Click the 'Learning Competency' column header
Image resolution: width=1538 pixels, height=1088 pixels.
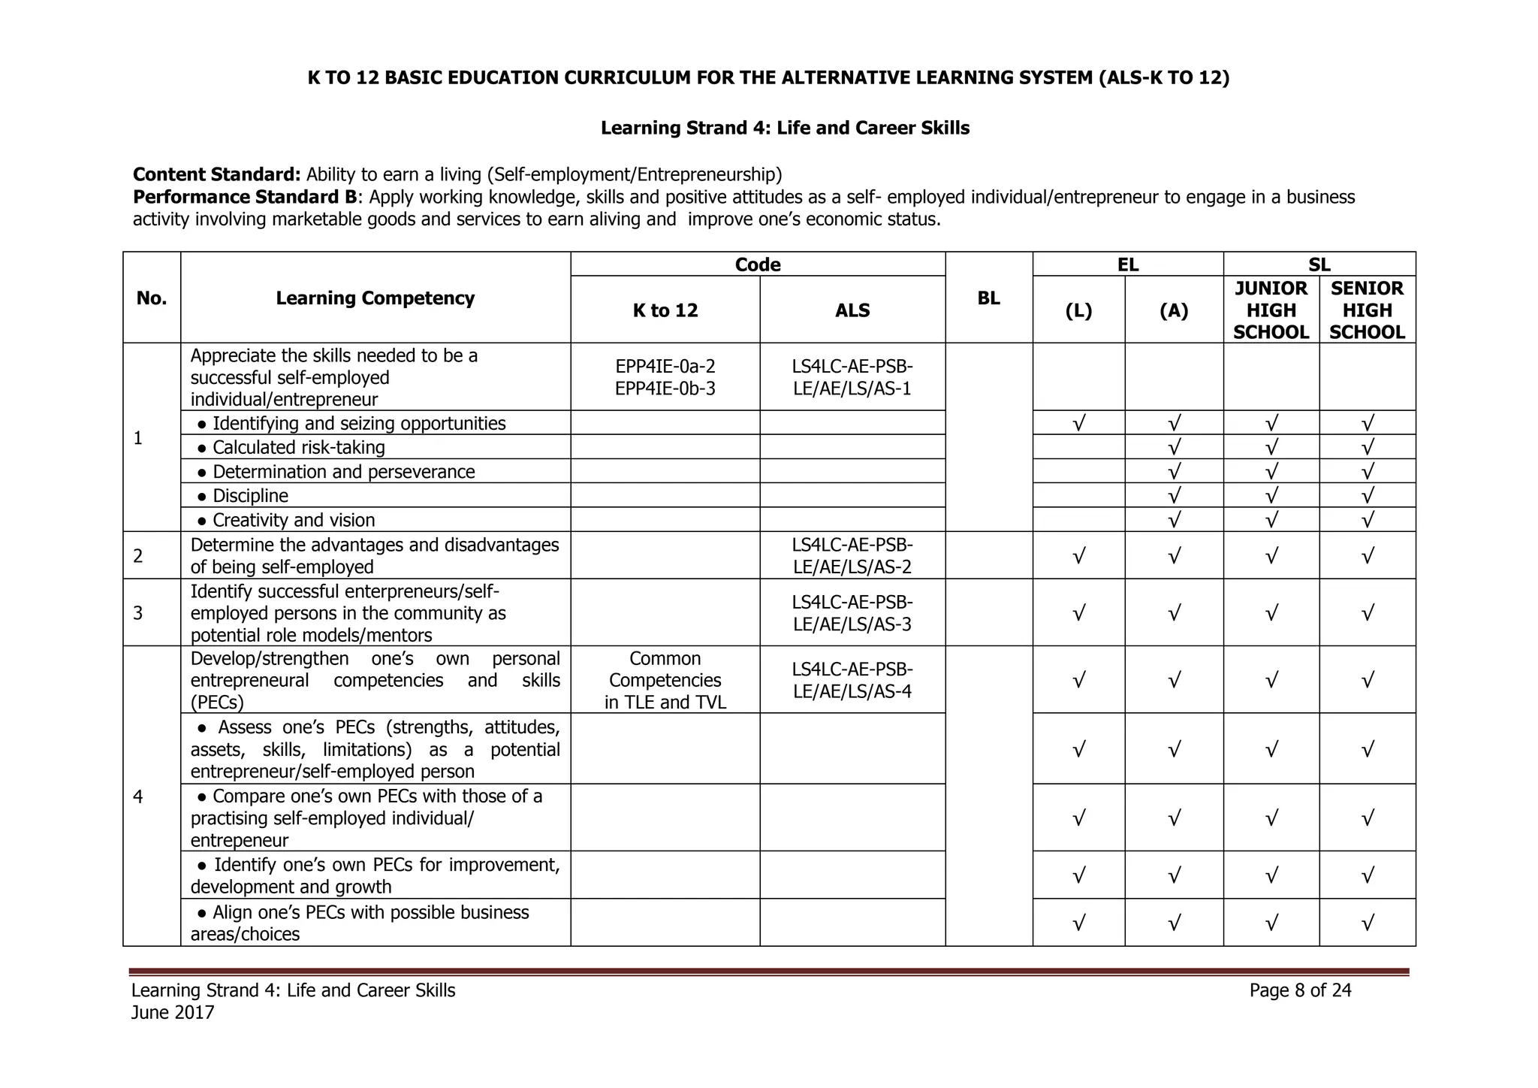coord(375,298)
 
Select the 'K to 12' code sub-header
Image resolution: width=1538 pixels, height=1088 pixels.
coord(665,310)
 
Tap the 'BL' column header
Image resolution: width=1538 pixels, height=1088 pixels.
coord(988,298)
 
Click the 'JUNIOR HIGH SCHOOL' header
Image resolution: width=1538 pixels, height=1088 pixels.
coord(1271,310)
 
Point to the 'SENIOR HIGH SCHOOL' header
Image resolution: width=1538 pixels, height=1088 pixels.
coord(1367,310)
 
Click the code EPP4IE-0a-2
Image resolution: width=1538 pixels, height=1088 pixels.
coord(665,366)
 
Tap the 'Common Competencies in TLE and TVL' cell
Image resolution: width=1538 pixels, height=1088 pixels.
coord(665,680)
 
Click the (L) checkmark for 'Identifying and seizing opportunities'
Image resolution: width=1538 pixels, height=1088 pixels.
coord(1078,423)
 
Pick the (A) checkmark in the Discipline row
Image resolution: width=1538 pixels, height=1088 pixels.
coord(1174,496)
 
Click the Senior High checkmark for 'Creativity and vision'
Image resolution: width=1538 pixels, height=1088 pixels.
coord(1367,520)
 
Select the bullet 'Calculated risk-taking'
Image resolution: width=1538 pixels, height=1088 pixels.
coord(298,448)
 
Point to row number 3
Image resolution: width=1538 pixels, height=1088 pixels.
coord(138,613)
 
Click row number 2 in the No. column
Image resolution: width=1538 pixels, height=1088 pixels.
coord(138,556)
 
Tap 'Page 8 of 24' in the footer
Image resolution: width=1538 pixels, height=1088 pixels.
coord(1300,990)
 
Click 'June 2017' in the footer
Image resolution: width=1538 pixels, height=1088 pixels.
coord(173,1013)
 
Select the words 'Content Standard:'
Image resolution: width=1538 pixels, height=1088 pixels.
coord(216,174)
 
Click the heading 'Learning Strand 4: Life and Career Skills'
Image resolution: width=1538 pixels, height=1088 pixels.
coord(785,128)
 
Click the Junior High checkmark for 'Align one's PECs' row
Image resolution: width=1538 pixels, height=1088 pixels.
coord(1271,923)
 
